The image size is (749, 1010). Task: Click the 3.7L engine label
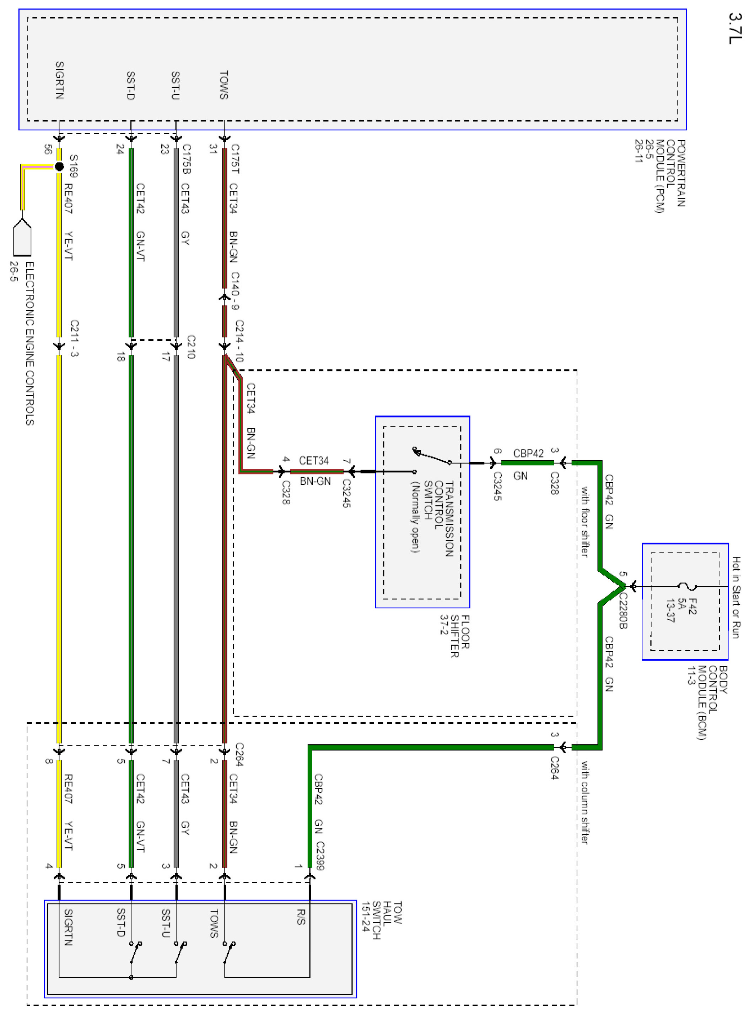tap(735, 28)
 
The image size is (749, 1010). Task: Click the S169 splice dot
tap(59, 167)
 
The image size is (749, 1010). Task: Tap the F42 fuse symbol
tap(687, 587)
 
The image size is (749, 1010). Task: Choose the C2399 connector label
tap(320, 856)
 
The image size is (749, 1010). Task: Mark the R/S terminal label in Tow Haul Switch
tap(301, 916)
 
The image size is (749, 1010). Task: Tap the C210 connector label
tap(191, 347)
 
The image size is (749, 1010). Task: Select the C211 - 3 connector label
tap(74, 338)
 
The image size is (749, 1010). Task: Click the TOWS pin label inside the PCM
tap(223, 85)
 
